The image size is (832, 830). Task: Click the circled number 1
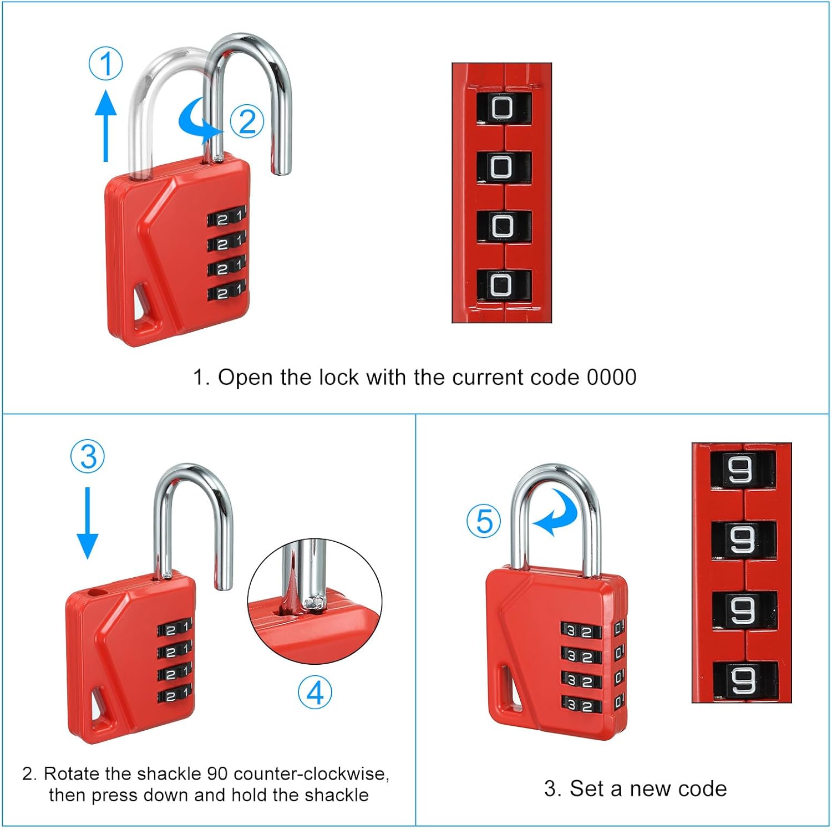[106, 64]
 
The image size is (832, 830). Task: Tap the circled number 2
[247, 121]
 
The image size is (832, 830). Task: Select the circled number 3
[88, 457]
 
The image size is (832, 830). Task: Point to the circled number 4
[315, 692]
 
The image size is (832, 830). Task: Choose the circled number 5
[484, 521]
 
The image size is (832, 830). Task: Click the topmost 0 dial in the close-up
[503, 108]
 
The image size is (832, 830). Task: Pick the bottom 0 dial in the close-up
[503, 285]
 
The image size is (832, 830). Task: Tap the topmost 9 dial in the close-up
[742, 470]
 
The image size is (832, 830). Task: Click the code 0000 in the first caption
[611, 378]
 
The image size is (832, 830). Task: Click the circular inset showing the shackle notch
[314, 602]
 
